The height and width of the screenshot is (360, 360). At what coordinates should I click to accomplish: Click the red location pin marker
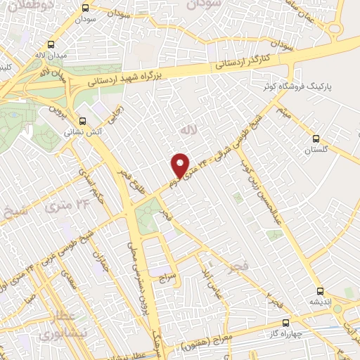point(181,166)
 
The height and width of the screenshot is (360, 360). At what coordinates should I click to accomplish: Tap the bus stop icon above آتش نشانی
point(84,120)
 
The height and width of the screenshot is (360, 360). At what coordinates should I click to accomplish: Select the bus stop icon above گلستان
point(315,139)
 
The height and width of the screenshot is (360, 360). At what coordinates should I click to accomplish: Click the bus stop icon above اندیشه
point(320,290)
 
